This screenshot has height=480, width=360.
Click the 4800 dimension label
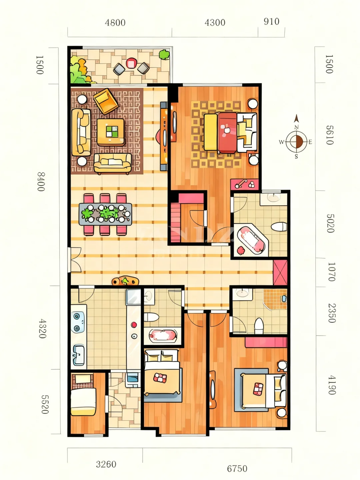[115, 23]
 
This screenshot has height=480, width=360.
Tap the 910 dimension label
[271, 21]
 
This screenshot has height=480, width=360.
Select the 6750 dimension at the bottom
[237, 469]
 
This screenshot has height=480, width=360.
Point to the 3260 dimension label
[106, 464]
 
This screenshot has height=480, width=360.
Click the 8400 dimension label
[41, 182]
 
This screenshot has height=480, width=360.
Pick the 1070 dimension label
[331, 272]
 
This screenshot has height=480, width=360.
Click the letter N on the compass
[296, 127]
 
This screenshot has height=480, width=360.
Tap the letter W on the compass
[281, 142]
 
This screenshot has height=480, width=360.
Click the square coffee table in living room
[111, 132]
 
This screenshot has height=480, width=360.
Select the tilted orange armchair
[106, 101]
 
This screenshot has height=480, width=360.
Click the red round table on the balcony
[131, 63]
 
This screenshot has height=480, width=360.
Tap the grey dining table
[105, 214]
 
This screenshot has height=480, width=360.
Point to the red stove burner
[134, 325]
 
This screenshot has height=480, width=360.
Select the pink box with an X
[280, 272]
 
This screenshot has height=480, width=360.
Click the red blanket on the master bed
[227, 133]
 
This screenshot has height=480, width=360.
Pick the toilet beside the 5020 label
[279, 227]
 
